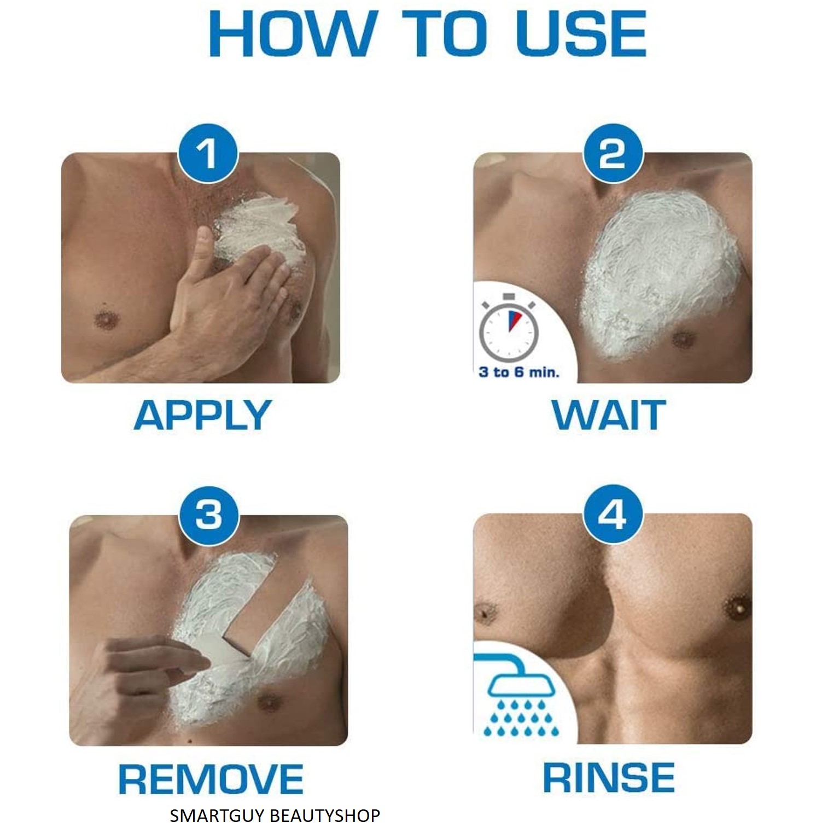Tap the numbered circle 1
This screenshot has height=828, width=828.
pyautogui.click(x=208, y=154)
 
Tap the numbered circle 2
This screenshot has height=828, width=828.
pyautogui.click(x=612, y=154)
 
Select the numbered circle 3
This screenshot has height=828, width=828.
pyautogui.click(x=208, y=515)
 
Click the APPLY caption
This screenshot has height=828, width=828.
pyautogui.click(x=202, y=415)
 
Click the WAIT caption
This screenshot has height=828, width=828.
pyautogui.click(x=608, y=415)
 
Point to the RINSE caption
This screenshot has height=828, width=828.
pyautogui.click(x=608, y=777)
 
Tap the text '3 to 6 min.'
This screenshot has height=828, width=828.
pyautogui.click(x=518, y=372)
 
